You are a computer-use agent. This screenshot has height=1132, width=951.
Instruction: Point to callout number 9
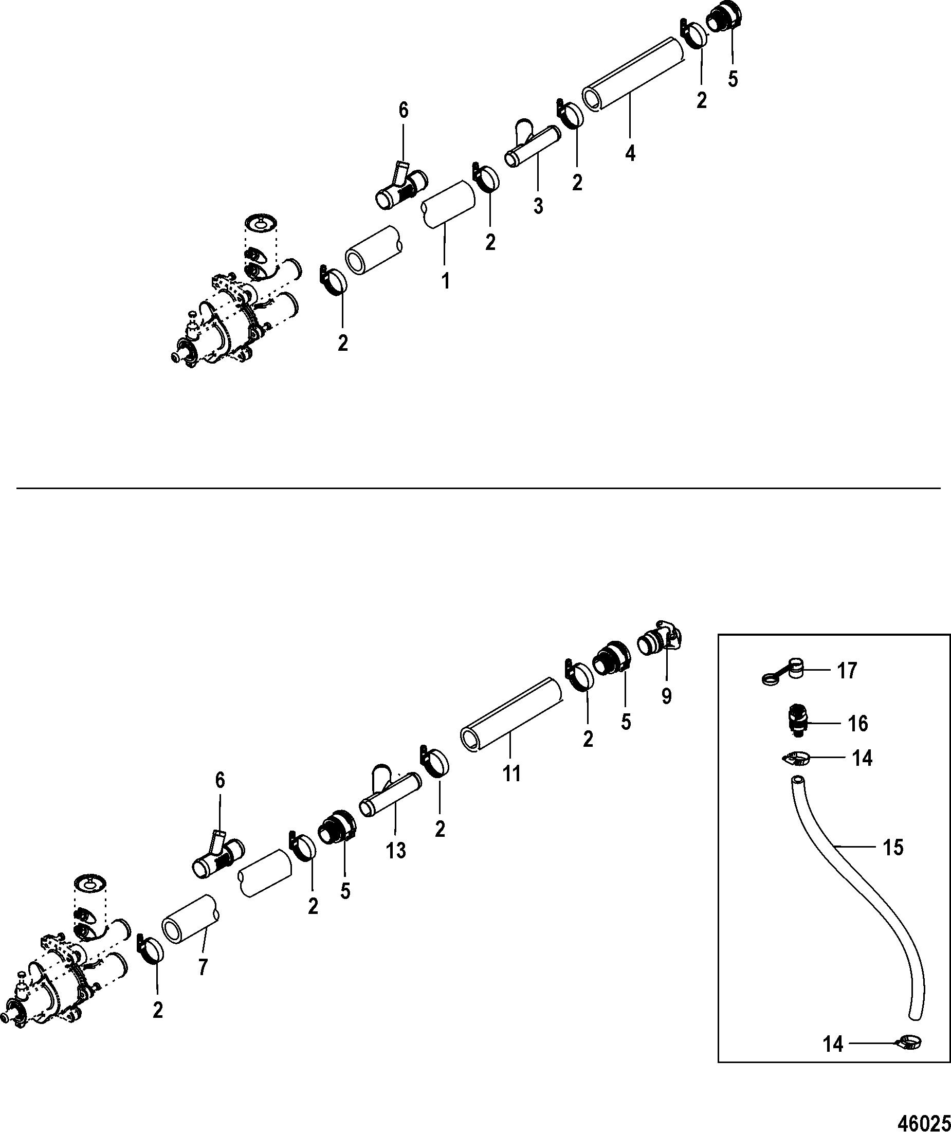coord(666,696)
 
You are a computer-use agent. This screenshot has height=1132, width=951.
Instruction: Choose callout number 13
coord(396,851)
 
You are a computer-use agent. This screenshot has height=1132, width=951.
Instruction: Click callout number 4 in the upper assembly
coord(630,154)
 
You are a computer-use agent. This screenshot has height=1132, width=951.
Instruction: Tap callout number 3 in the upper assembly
coord(538,206)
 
